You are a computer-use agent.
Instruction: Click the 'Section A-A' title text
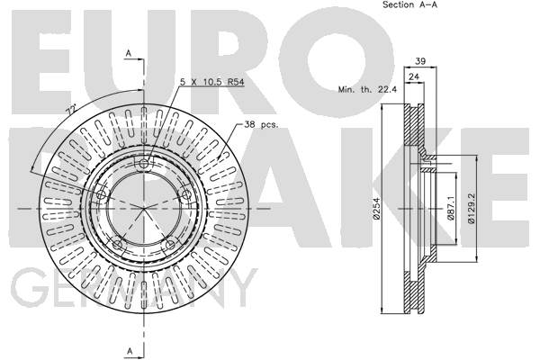point(409,4)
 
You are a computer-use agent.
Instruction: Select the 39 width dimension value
point(420,61)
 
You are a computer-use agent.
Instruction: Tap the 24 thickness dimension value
point(414,76)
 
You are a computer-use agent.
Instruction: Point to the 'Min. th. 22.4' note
point(367,90)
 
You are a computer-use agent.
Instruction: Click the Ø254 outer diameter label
point(376,209)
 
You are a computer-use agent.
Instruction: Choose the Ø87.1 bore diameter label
point(451,208)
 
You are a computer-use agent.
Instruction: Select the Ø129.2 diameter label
point(472,208)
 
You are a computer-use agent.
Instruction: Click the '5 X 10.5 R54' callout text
point(212,82)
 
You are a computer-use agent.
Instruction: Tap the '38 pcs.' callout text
point(261,125)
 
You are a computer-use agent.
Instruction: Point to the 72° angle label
point(71,110)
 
